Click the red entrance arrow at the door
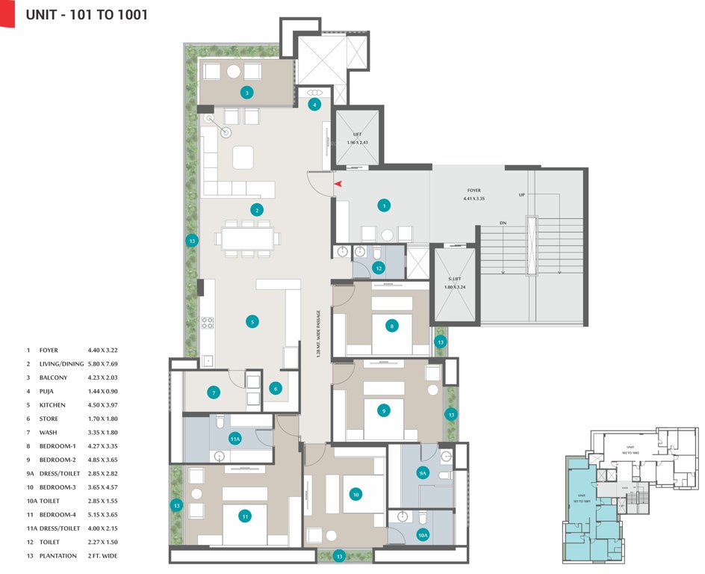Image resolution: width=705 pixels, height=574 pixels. [338, 183]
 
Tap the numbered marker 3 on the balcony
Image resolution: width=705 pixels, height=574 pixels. [246, 93]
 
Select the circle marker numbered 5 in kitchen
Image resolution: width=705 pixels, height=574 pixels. [252, 321]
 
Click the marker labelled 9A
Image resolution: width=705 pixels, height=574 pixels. [422, 472]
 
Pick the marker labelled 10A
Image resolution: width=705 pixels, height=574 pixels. [422, 534]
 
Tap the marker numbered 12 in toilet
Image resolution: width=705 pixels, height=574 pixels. [379, 268]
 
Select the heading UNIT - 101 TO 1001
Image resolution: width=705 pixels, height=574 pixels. [87, 14]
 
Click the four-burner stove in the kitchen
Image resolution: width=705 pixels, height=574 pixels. [207, 323]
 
